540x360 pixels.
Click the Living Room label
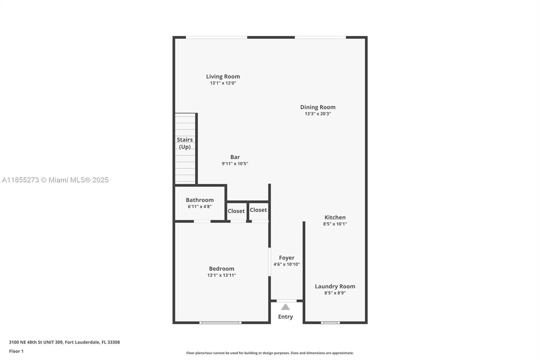(x=223, y=76)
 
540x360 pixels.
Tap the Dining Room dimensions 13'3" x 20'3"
(x=318, y=114)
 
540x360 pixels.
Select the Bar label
(x=235, y=157)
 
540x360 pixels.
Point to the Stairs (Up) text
(x=185, y=143)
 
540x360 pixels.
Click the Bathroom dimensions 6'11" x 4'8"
(x=199, y=207)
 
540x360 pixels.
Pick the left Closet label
(x=236, y=211)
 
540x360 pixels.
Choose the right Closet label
(x=258, y=210)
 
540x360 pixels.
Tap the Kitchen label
(x=335, y=217)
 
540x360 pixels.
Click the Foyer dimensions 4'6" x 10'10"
(x=287, y=264)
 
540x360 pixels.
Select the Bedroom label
(x=221, y=269)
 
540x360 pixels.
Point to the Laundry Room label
(x=335, y=286)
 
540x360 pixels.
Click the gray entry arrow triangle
(x=286, y=307)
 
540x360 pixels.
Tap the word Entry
(x=286, y=317)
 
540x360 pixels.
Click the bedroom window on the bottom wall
(x=220, y=323)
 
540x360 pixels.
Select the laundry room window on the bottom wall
(x=330, y=323)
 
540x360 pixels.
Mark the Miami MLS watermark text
(x=55, y=180)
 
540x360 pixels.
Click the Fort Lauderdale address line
(x=64, y=342)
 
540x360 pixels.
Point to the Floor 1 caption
(x=16, y=351)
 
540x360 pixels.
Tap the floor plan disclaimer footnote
(x=270, y=353)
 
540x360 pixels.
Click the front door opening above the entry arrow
(x=287, y=301)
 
